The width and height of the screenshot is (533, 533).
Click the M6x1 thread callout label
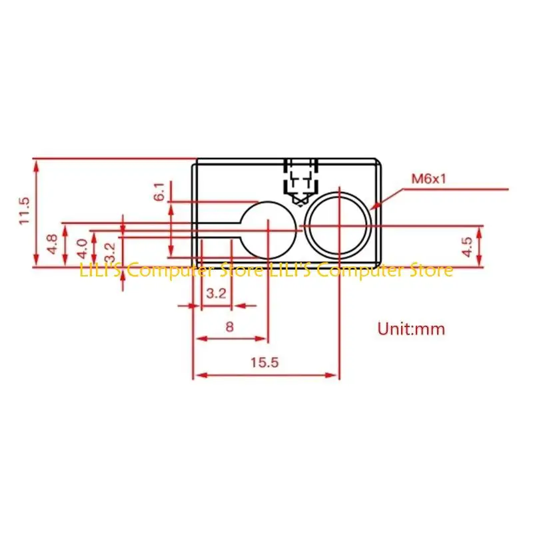coord(427,179)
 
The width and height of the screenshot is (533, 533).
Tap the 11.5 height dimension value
coord(25,211)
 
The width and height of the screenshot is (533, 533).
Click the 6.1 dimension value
coord(159,191)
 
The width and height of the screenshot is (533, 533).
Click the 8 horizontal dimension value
coord(230,327)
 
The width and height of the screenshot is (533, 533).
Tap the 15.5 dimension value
coord(265,362)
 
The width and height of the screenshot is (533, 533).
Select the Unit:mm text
coord(410,328)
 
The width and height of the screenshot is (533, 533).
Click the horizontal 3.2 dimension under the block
coord(215,293)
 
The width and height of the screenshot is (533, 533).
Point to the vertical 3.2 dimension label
coord(110,251)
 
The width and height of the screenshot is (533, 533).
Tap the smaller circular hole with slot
coord(266,230)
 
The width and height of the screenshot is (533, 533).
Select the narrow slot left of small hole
coord(217,230)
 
